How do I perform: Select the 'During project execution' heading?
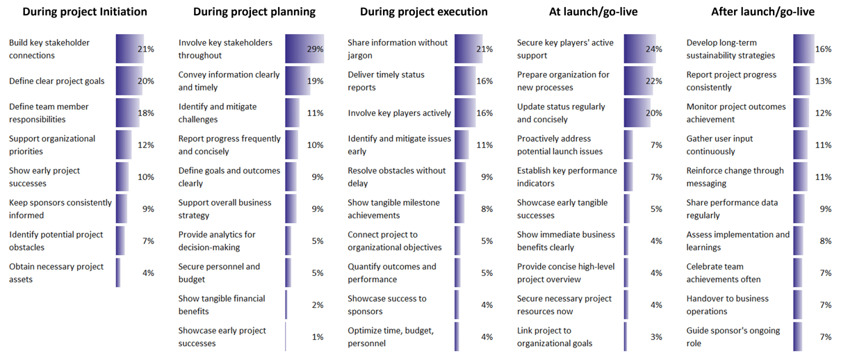coord(423,12)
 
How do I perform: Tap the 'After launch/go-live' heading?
coord(763,12)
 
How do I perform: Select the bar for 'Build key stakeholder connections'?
coord(129,49)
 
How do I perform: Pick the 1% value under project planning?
coord(317,337)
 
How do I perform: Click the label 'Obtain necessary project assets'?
coord(56,273)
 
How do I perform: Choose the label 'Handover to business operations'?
coord(727,305)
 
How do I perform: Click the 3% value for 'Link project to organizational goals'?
coord(655,337)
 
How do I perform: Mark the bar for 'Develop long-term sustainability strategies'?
coord(803,49)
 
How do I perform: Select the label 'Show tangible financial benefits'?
coord(222,305)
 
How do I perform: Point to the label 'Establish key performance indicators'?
coord(566,177)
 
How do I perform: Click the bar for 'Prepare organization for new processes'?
coord(638,81)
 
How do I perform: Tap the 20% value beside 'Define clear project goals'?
coord(145,81)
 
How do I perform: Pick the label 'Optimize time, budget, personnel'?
coord(391,337)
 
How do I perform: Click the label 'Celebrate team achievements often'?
coord(724,273)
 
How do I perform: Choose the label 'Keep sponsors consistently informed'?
coord(60,209)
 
